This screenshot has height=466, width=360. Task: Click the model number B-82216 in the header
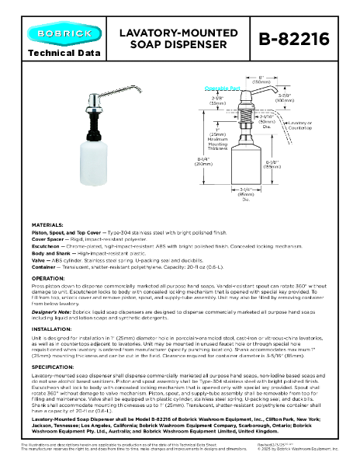298,39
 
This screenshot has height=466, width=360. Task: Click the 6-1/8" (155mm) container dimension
293,163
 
